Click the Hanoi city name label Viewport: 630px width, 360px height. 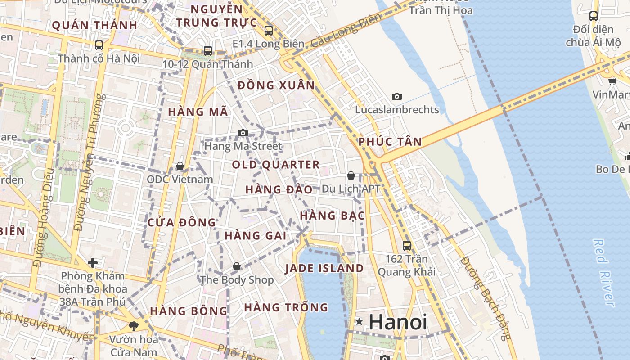coord(398,322)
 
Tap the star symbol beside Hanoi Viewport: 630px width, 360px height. coord(359,321)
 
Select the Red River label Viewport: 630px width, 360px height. coord(604,273)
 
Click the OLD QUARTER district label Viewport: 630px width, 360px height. coord(276,165)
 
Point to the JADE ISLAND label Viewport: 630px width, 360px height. coord(324,268)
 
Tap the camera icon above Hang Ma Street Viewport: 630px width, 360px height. coord(243,133)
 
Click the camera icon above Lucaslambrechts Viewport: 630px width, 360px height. coord(396,96)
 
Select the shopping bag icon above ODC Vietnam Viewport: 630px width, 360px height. coord(180,166)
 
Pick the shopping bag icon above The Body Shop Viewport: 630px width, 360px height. coord(237,266)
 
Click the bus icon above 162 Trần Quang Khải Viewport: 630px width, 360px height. coord(407,245)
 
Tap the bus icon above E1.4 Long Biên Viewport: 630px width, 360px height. coord(269,31)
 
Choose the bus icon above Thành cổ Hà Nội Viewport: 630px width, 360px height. coord(99,45)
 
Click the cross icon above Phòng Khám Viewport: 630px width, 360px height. coord(93,262)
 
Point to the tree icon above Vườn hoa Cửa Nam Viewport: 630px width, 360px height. coord(133,326)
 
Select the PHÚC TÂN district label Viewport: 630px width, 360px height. coord(390,142)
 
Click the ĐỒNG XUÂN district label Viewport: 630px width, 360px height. coord(276,85)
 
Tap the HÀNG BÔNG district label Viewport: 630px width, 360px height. coord(189,311)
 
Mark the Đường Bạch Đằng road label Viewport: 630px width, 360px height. coord(486,298)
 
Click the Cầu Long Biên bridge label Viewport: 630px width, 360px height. coord(346,30)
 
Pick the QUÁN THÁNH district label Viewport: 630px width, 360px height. coord(94,25)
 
